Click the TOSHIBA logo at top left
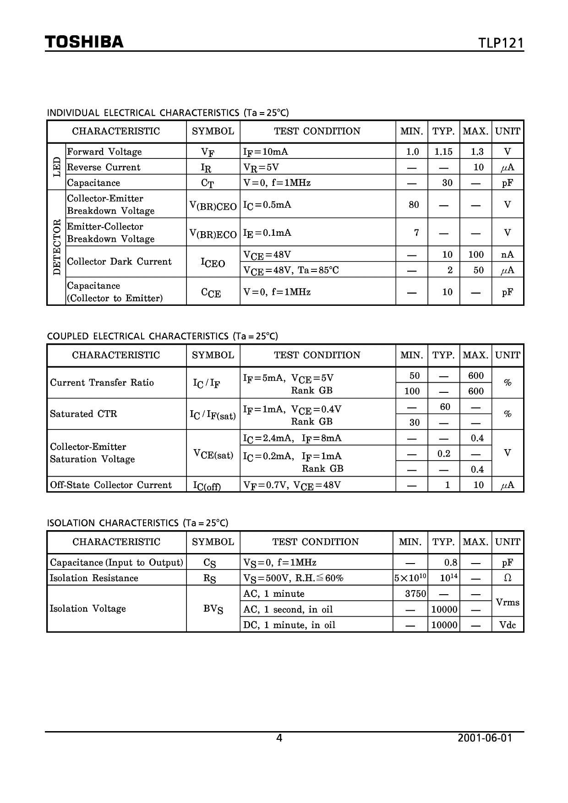(84, 42)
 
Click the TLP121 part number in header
(501, 43)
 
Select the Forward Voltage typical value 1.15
(443, 152)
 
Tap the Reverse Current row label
(104, 167)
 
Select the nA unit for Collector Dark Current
(507, 255)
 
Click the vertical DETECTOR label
(57, 247)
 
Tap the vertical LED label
(57, 167)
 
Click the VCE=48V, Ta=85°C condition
(291, 270)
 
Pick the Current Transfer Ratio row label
(102, 383)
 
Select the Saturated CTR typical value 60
(445, 407)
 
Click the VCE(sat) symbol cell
(213, 454)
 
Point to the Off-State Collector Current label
(110, 485)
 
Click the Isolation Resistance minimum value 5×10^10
(410, 578)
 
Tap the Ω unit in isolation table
(507, 578)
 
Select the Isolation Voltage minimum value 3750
(415, 594)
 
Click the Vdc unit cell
(507, 625)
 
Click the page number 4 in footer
(279, 738)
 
